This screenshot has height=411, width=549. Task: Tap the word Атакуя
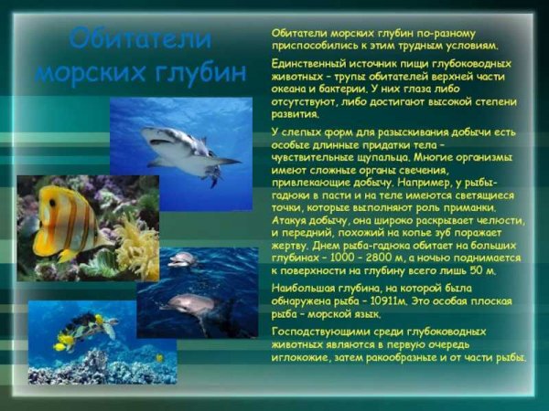(292, 219)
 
